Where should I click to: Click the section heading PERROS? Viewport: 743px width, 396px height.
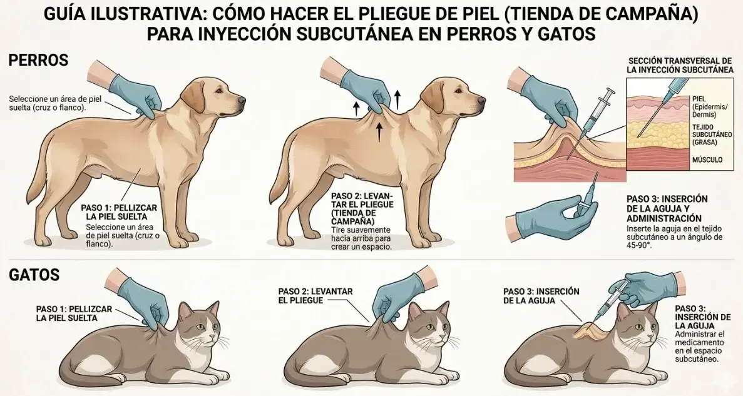click(x=38, y=61)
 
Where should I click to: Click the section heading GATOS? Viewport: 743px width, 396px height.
click(x=34, y=275)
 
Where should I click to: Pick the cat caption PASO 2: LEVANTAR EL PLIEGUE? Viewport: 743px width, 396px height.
click(x=315, y=296)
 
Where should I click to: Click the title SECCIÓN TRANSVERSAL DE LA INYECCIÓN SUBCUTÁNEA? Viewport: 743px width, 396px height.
click(x=679, y=65)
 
